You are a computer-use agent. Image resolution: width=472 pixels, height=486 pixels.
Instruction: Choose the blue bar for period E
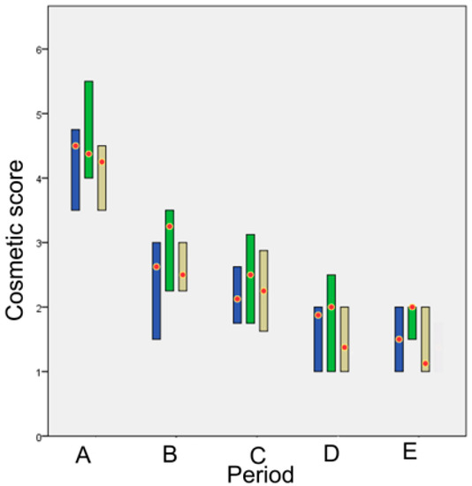[x=400, y=339]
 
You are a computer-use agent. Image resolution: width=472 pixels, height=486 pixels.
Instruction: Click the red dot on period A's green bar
[x=88, y=154]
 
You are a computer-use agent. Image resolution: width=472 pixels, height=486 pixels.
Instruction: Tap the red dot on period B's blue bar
[x=156, y=267]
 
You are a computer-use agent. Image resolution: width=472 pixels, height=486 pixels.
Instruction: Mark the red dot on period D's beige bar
[x=344, y=347]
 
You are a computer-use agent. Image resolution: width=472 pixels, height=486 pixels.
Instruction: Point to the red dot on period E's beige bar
[x=425, y=363]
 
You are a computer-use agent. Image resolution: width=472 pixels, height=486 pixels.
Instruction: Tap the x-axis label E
[x=409, y=452]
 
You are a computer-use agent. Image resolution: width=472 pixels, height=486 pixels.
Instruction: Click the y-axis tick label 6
[x=39, y=49]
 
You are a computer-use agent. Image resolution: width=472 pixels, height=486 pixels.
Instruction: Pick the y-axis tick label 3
[x=39, y=243]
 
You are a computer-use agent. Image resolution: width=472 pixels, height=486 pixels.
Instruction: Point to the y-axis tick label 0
[x=39, y=437]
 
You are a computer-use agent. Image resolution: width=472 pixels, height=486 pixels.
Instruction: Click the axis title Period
[x=259, y=475]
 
